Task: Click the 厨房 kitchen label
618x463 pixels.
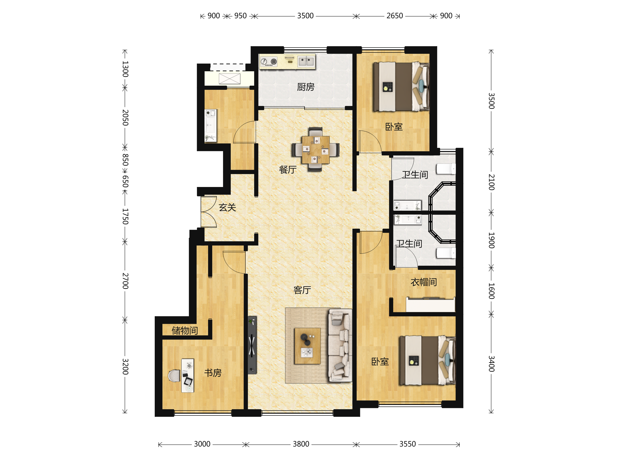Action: click(305, 87)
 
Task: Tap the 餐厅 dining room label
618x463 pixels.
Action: click(288, 170)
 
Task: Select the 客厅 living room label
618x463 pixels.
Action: click(302, 290)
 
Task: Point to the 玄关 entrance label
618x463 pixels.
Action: click(227, 207)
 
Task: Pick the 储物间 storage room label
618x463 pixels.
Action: click(185, 331)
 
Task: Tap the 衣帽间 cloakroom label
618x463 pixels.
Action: click(424, 282)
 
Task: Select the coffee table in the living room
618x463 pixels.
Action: click(307, 346)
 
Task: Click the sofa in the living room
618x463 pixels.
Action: click(340, 345)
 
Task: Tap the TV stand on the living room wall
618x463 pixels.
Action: click(252, 345)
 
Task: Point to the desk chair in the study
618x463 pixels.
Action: click(174, 376)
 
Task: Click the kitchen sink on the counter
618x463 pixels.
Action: click(306, 61)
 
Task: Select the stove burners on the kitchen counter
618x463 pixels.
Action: click(269, 62)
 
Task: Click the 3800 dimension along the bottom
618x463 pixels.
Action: click(301, 444)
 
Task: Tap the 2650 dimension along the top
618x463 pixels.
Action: click(394, 16)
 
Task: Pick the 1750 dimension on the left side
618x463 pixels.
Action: click(125, 216)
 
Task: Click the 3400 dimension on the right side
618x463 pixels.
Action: click(491, 364)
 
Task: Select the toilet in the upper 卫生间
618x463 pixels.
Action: click(446, 169)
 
